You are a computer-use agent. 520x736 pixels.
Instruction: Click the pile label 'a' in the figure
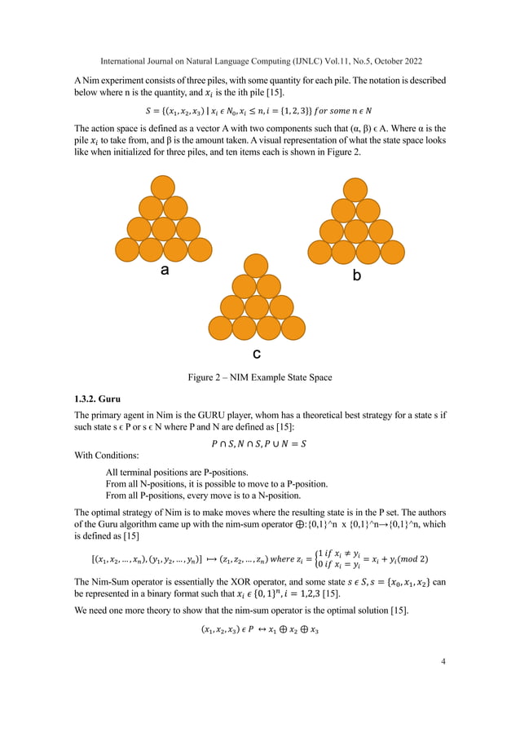tap(165, 271)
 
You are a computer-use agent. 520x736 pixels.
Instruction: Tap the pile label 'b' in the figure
tap(356, 276)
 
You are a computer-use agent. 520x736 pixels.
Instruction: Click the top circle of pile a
tap(162, 187)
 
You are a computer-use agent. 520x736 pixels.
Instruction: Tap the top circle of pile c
tap(256, 266)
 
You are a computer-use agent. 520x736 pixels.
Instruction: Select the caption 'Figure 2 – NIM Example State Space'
tap(259, 377)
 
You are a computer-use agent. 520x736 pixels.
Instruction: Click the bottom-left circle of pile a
tap(128, 249)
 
